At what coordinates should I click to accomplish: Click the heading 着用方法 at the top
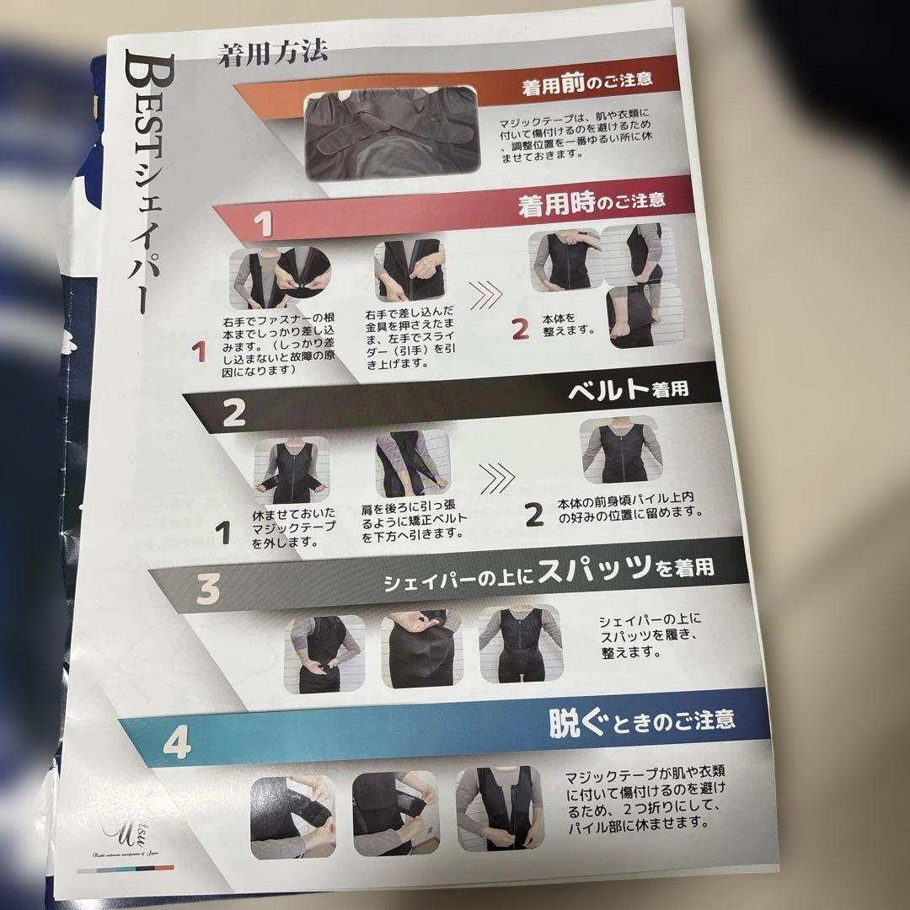pyautogui.click(x=271, y=55)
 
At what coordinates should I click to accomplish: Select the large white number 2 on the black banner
pyautogui.click(x=233, y=412)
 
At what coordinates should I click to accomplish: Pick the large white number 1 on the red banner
pyautogui.click(x=265, y=224)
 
